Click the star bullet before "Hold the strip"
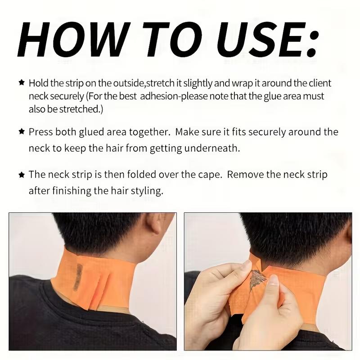[x=21, y=83]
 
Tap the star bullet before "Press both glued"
[x=21, y=132]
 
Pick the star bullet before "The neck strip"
[x=21, y=174]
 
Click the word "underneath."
[x=215, y=148]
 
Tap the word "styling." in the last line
[x=146, y=191]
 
